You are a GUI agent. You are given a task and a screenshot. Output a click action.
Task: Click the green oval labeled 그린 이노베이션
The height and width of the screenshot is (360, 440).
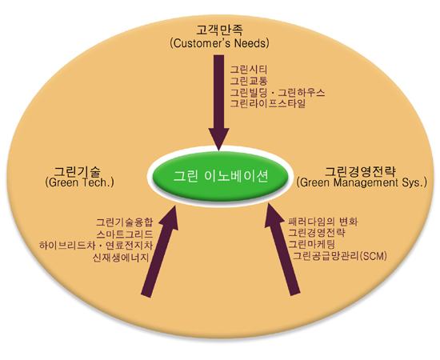(220, 177)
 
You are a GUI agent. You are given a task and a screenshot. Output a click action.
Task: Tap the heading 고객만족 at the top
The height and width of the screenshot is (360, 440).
(219, 30)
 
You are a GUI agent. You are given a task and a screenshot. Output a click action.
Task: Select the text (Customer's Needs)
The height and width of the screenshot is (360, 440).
(219, 43)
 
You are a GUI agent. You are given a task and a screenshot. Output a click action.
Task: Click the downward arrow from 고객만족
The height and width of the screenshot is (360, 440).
(219, 102)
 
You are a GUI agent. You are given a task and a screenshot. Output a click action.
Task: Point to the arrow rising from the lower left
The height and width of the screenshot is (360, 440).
(160, 250)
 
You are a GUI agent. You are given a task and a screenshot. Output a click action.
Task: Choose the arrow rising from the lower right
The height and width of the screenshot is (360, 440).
(282, 249)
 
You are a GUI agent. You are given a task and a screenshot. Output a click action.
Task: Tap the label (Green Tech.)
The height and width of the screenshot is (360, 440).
(80, 182)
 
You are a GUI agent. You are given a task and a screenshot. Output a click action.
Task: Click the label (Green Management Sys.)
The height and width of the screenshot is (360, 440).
(362, 182)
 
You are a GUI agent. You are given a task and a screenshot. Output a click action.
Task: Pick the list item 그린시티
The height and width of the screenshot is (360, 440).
(249, 70)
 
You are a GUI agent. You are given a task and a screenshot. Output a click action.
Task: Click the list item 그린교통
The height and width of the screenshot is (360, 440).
(249, 81)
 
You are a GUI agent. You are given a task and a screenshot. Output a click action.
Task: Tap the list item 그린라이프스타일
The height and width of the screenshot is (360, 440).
(268, 103)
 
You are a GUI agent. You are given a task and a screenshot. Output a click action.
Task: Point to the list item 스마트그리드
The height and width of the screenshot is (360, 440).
(125, 234)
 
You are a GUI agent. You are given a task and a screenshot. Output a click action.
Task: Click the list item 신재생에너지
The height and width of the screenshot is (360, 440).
(121, 258)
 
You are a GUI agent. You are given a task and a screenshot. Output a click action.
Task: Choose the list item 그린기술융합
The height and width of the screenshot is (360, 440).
(125, 222)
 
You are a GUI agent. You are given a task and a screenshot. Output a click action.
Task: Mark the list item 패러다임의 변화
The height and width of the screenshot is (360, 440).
(323, 222)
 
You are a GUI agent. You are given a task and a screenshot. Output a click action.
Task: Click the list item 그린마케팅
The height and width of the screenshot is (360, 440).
(312, 244)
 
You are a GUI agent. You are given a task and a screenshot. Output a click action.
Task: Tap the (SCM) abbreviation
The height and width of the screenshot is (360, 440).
(373, 256)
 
